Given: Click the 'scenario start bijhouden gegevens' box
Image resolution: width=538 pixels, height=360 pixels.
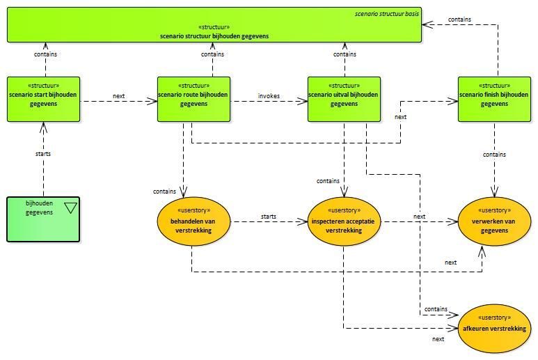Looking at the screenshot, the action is [44, 99].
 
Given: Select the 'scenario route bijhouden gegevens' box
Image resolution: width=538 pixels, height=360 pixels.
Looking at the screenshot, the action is [194, 99].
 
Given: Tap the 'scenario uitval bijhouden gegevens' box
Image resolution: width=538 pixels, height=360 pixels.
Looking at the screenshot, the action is [344, 99].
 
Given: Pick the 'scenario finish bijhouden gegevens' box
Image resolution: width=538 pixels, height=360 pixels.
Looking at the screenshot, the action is [494, 99].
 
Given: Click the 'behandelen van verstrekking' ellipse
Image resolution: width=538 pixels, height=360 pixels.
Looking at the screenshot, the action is [193, 221].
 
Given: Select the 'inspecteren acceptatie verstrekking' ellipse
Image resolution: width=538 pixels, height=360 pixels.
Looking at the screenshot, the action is [344, 221].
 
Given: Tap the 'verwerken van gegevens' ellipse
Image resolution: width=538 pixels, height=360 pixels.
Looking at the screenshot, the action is [494, 221].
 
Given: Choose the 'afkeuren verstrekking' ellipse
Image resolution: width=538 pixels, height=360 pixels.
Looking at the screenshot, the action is [494, 329].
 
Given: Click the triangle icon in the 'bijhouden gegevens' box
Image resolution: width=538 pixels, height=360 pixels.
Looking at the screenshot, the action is [71, 208].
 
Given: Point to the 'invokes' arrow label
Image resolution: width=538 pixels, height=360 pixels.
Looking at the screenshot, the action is [269, 96].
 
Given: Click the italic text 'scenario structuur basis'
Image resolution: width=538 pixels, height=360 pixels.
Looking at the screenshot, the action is [387, 14].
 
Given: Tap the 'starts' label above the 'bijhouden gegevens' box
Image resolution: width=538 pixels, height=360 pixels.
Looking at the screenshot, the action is [43, 154].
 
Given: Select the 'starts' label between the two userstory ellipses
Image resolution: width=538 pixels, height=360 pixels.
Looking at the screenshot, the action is [269, 217].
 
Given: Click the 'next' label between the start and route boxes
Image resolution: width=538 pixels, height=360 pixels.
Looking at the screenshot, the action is [119, 96].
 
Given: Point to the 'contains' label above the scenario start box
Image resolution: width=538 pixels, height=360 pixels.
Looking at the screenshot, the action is [46, 54].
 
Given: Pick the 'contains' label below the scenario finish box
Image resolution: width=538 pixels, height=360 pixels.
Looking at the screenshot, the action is [494, 155].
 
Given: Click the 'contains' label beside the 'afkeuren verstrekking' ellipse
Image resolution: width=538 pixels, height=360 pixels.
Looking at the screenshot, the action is [436, 309].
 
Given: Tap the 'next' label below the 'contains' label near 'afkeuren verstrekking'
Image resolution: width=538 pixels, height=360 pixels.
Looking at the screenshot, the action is [438, 339].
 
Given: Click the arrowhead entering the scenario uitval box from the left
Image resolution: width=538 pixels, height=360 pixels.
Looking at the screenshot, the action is [303, 101].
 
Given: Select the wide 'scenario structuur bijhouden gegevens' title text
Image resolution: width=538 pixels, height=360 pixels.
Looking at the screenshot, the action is [214, 36].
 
